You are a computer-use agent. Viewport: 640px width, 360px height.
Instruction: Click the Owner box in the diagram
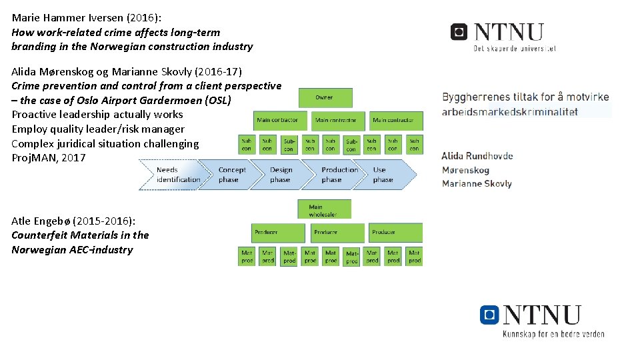(325, 97)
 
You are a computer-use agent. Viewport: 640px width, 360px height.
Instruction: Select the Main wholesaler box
(323, 210)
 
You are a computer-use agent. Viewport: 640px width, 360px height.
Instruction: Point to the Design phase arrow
(281, 175)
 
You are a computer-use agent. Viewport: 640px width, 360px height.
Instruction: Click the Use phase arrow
(384, 175)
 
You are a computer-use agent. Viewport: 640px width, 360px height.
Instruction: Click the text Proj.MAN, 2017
(49, 158)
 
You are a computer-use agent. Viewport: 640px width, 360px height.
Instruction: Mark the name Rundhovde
(489, 156)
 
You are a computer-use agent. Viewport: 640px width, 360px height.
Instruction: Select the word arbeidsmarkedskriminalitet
(509, 112)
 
